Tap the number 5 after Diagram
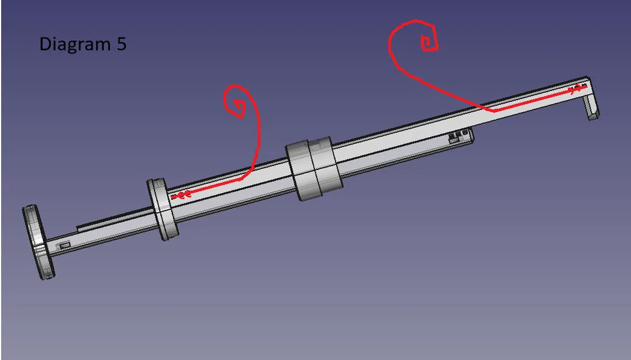tap(121, 44)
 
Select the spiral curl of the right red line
tap(428, 42)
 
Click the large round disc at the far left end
tap(39, 242)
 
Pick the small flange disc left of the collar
tap(163, 209)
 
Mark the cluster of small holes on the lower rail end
tap(458, 137)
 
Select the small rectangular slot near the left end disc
tap(65, 246)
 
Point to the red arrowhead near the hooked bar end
tap(576, 90)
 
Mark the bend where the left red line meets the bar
tap(245, 176)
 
